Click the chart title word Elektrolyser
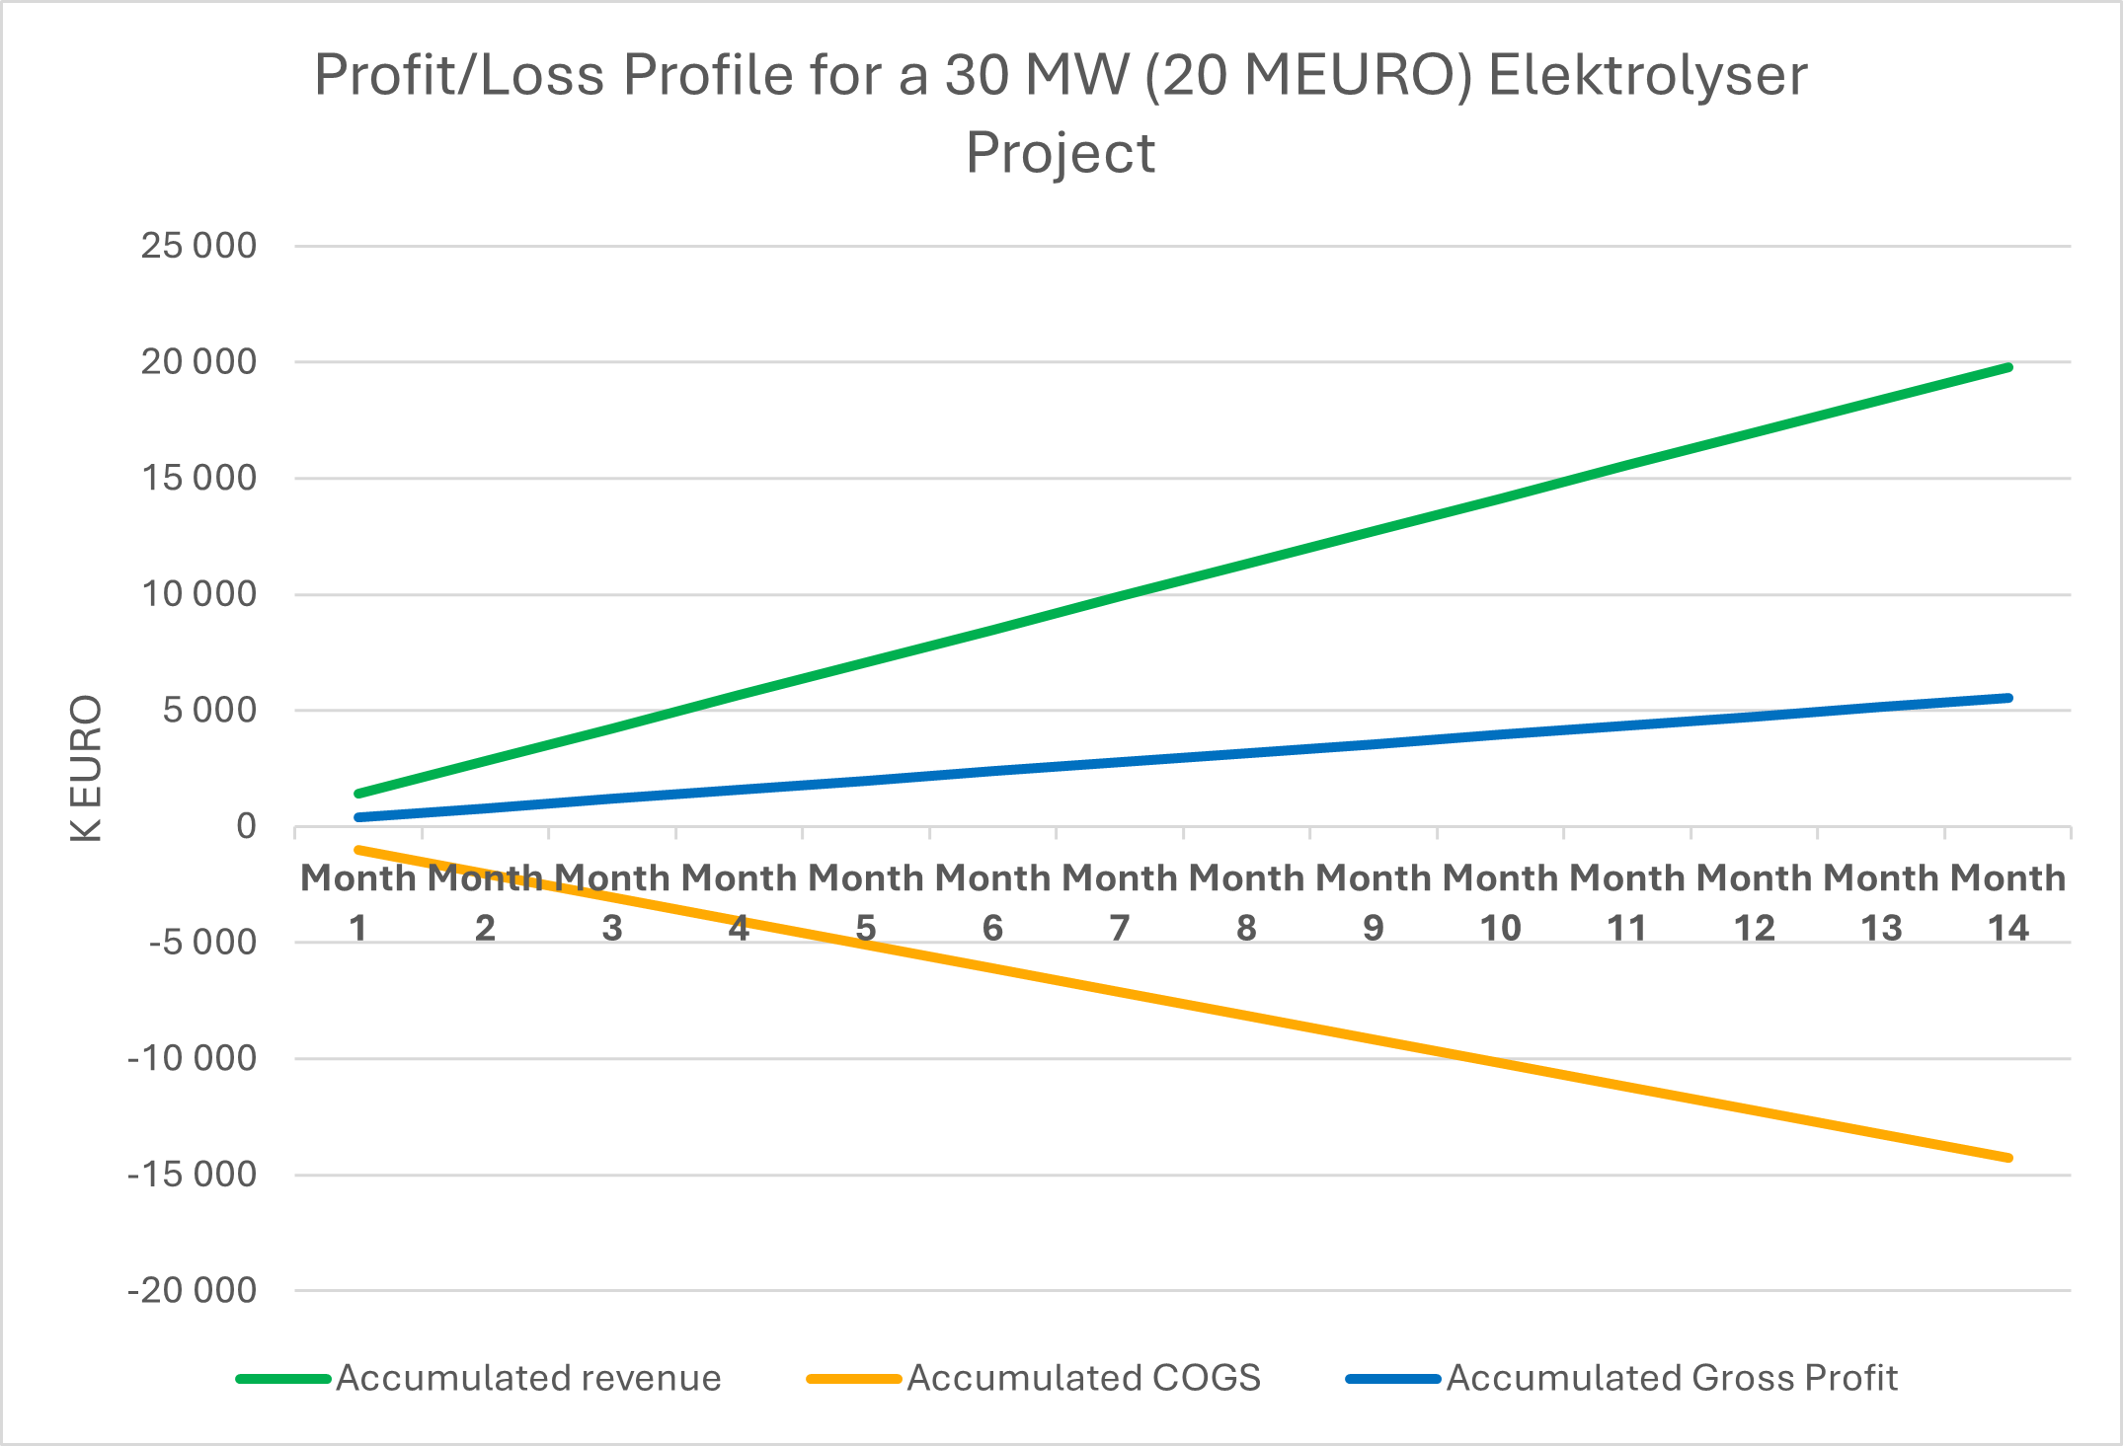click(x=1647, y=75)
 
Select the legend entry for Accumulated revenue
click(x=528, y=1378)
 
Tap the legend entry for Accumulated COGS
click(x=1083, y=1378)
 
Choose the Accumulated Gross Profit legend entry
click(x=1672, y=1378)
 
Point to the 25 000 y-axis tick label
click(x=198, y=246)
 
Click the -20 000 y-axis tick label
click(x=193, y=1290)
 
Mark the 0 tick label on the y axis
click(x=246, y=826)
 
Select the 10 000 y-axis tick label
click(x=198, y=594)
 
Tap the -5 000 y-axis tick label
click(x=202, y=943)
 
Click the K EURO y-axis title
click(x=87, y=768)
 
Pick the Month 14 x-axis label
click(x=2007, y=902)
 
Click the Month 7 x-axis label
click(x=1120, y=902)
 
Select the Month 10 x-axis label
click(x=1500, y=902)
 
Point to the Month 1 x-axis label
click(x=358, y=902)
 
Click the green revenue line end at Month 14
click(x=2008, y=367)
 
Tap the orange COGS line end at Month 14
click(x=2008, y=1158)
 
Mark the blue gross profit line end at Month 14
click(x=2008, y=698)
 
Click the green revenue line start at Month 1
click(x=358, y=794)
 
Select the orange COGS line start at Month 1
click(x=358, y=849)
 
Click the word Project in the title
click(x=1061, y=153)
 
